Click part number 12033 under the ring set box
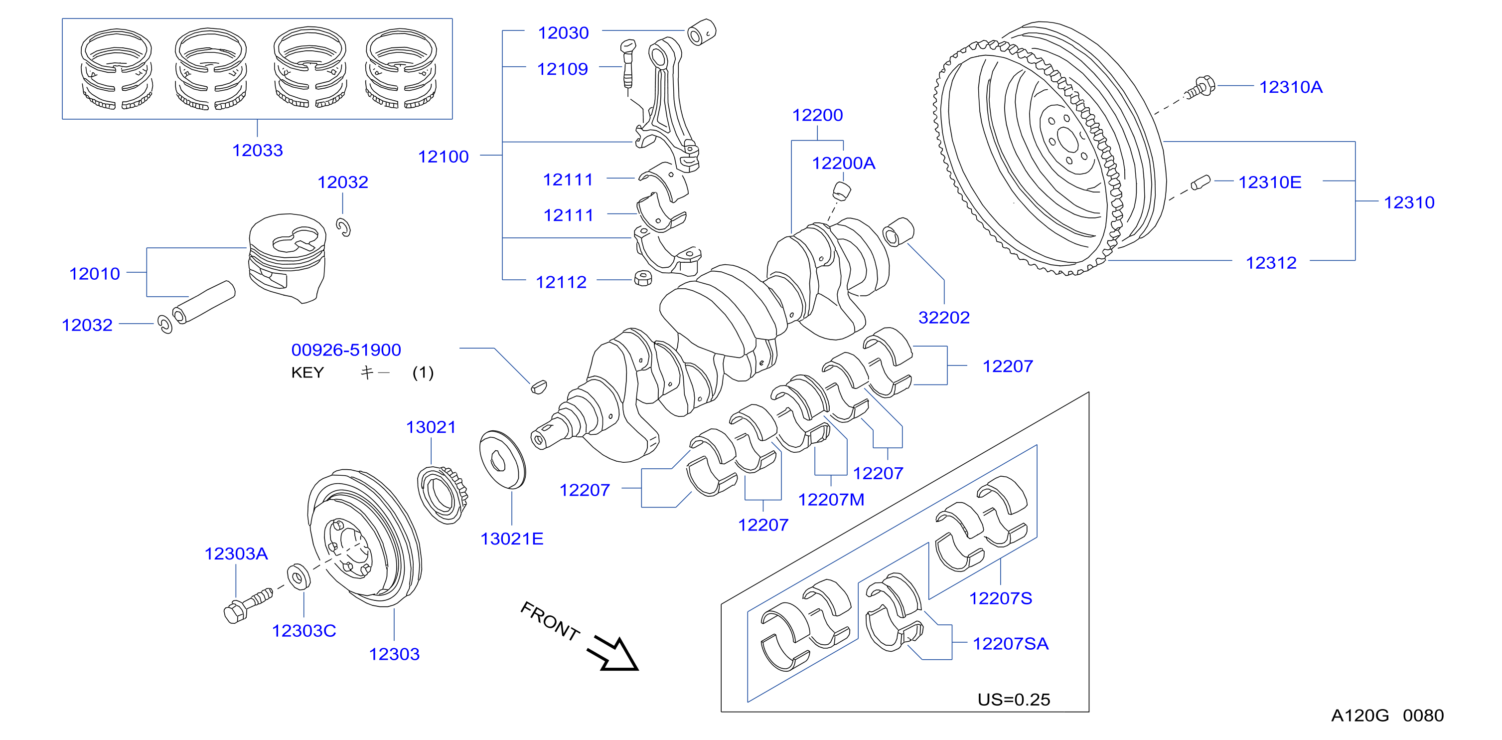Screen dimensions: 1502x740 (x=258, y=151)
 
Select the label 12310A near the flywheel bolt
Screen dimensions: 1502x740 (x=1291, y=87)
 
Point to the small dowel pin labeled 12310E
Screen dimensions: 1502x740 (x=1201, y=183)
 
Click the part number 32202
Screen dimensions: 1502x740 (x=944, y=318)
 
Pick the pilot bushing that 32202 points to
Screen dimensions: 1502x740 (x=899, y=232)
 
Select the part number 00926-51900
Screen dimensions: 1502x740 (x=346, y=350)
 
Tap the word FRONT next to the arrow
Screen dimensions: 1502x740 (x=550, y=621)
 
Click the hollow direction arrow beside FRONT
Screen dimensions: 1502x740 (x=613, y=654)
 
